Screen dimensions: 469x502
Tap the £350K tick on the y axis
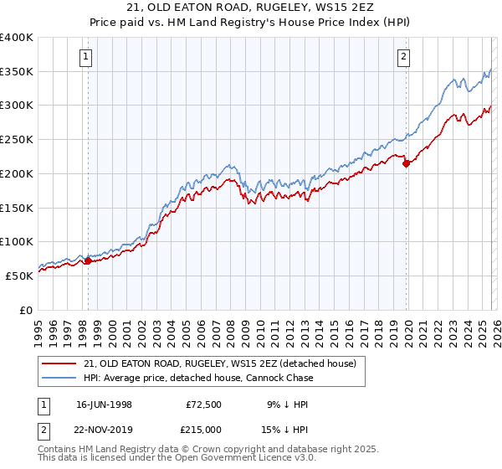tap(17, 72)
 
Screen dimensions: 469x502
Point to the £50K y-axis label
tap(19, 276)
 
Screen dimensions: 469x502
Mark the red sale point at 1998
tap(89, 260)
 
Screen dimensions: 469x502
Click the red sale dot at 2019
tap(406, 164)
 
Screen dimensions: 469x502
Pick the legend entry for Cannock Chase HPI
tap(198, 378)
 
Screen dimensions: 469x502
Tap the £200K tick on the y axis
tap(17, 173)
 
